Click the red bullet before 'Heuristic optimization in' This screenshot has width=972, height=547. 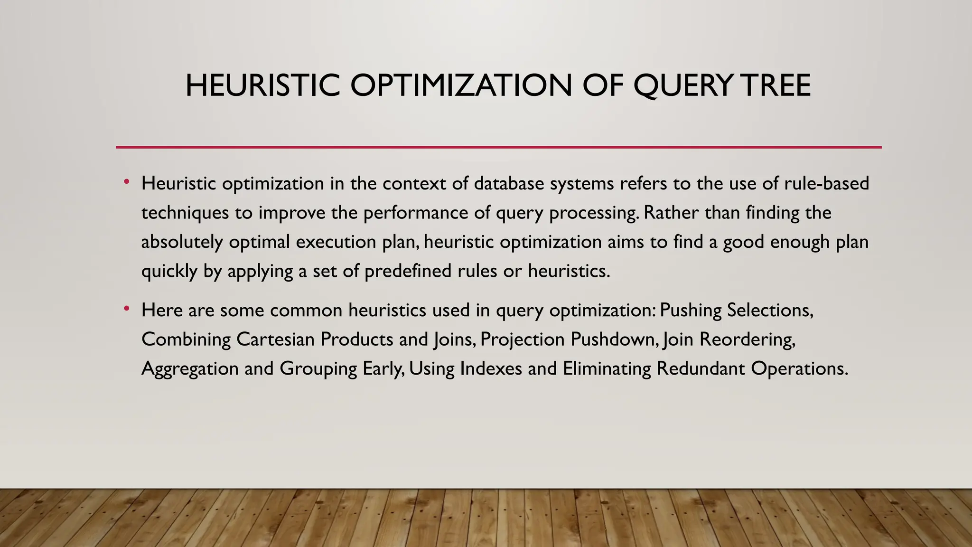126,182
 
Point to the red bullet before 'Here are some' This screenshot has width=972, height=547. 126,309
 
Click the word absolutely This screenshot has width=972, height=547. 182,242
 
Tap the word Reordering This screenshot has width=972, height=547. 747,340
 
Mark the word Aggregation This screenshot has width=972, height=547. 190,369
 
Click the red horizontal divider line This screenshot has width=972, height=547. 498,147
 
